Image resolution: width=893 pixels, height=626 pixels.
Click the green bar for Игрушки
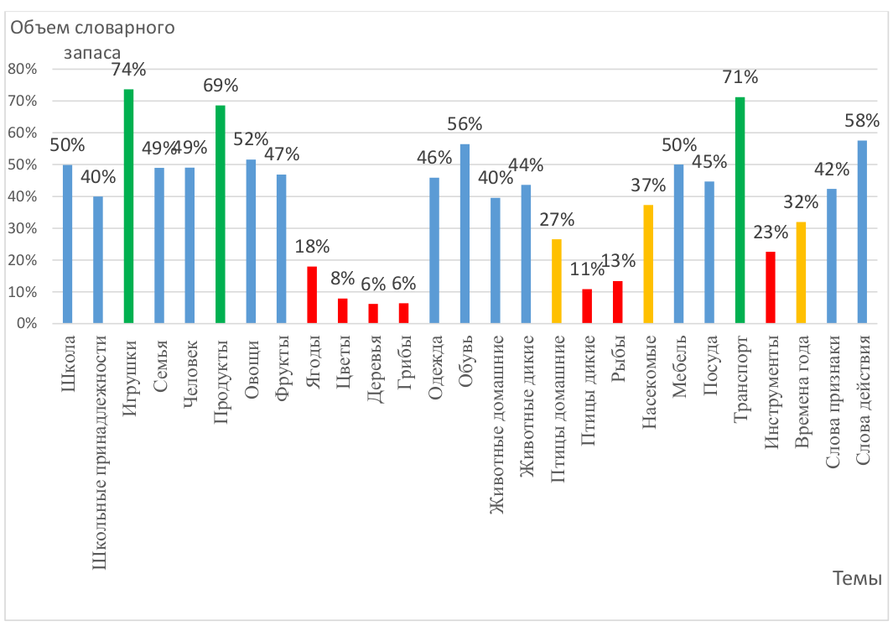[129, 206]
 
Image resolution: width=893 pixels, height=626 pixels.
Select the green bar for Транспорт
[740, 211]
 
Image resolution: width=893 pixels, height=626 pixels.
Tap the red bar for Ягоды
[312, 295]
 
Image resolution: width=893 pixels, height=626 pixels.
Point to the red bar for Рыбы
[618, 302]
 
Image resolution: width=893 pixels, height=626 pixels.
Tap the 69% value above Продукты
[221, 85]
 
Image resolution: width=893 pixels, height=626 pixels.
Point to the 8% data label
[343, 279]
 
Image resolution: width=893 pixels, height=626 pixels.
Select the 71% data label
[740, 77]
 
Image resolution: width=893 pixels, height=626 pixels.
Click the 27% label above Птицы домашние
[557, 220]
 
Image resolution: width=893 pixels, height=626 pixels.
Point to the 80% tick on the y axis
[23, 70]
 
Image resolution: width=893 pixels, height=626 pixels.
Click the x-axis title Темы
[857, 578]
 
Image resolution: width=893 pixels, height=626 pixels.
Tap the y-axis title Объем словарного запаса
[92, 39]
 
